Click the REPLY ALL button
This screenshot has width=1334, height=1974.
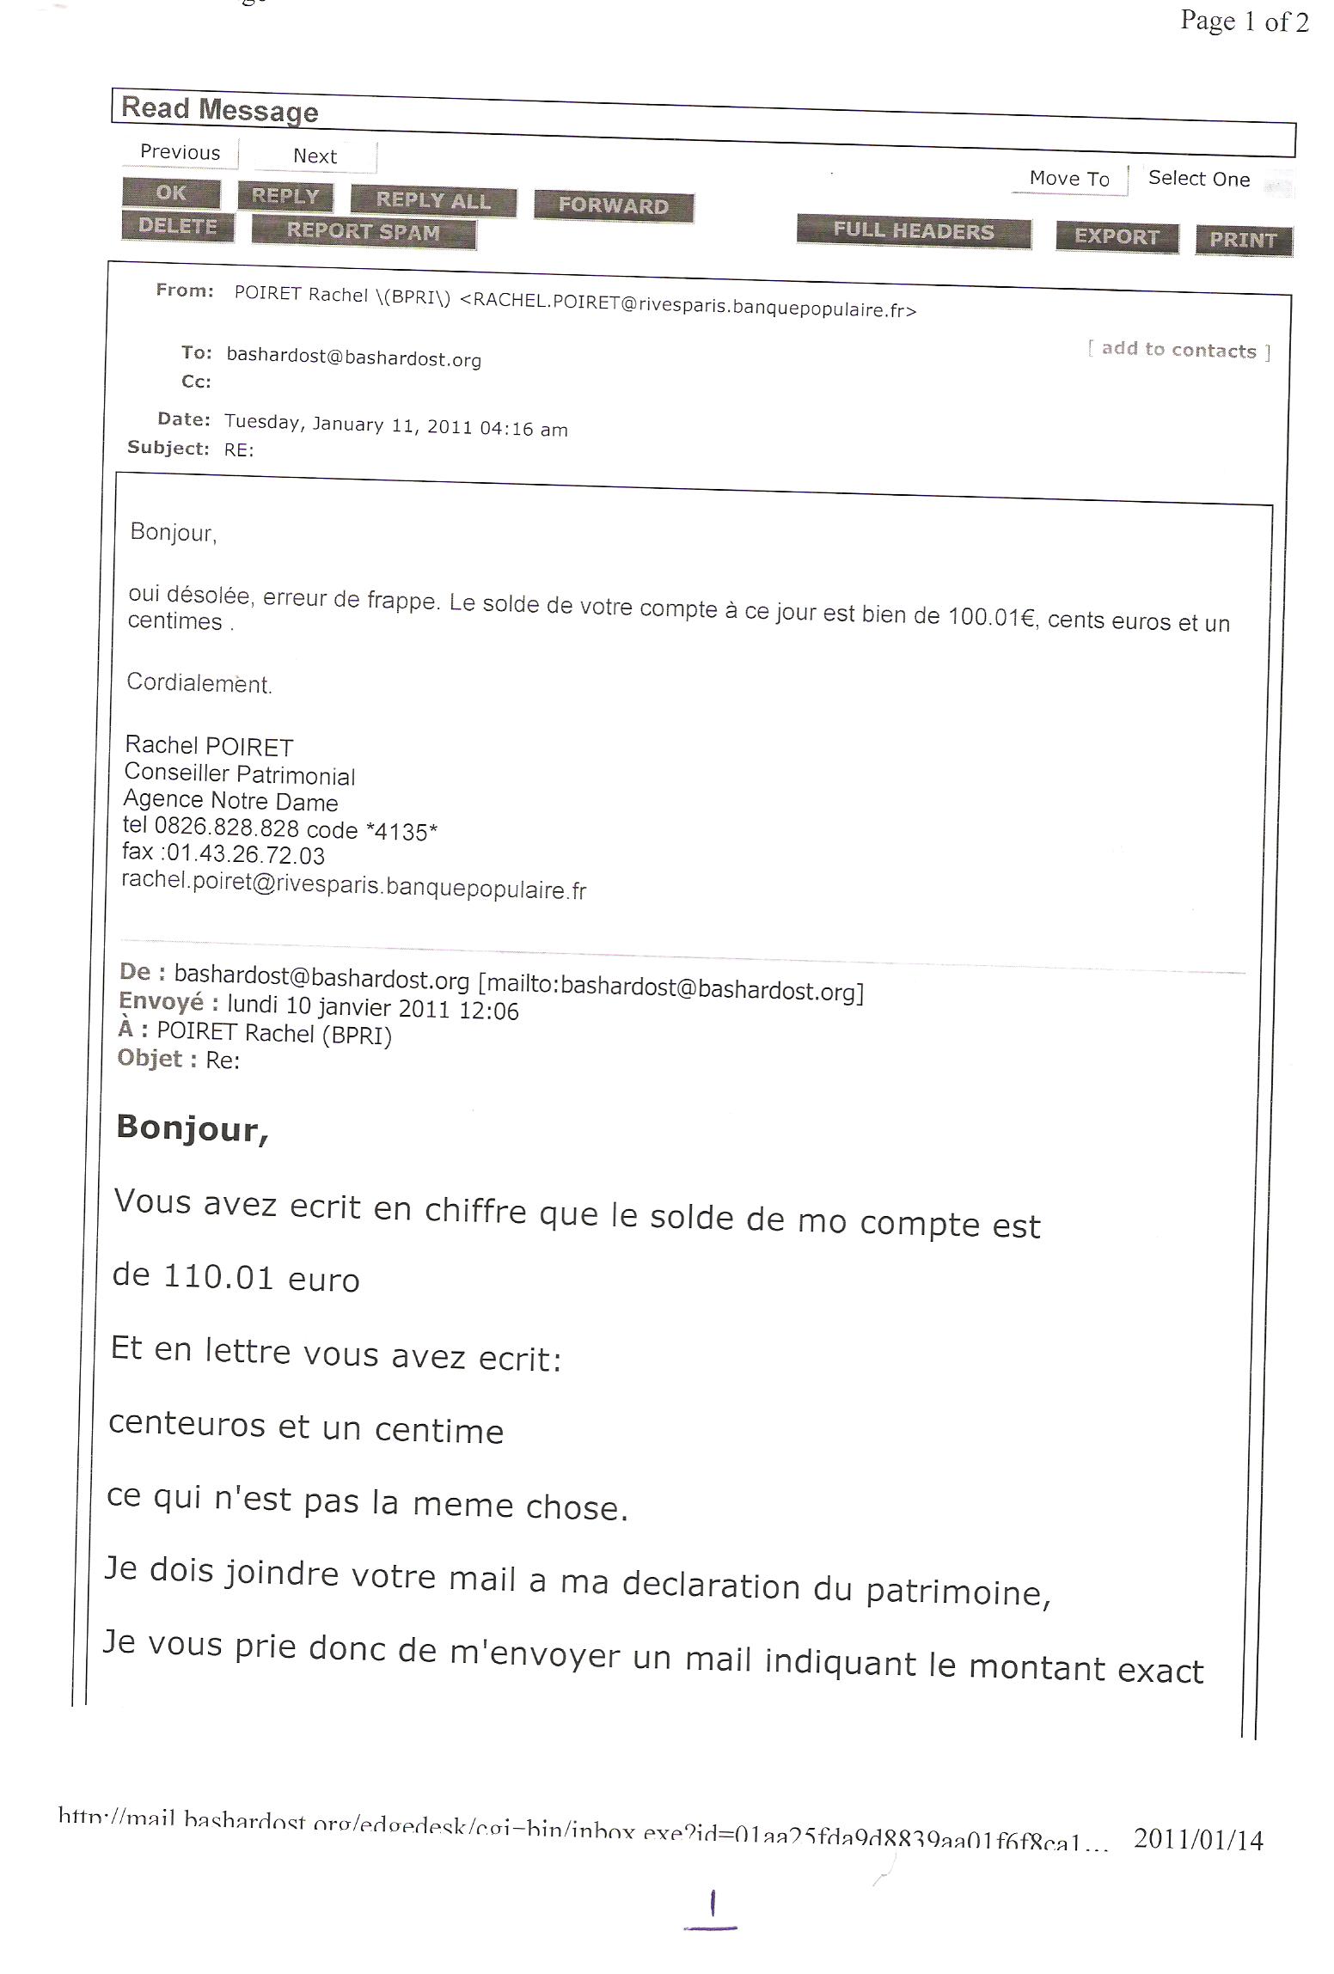(x=433, y=200)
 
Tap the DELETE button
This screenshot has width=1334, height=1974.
(x=178, y=226)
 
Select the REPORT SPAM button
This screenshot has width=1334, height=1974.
(x=363, y=231)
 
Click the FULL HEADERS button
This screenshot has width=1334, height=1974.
(x=913, y=231)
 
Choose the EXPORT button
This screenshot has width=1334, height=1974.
(x=1116, y=236)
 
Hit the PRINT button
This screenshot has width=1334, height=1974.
(x=1243, y=240)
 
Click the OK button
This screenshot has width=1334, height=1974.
(x=171, y=193)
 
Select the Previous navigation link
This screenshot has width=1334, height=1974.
(x=181, y=152)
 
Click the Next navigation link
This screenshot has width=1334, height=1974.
(x=315, y=156)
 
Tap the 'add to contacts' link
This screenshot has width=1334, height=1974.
(x=1178, y=350)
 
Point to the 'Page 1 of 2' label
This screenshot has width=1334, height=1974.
(x=1244, y=21)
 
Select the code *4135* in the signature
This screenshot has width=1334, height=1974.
(x=401, y=831)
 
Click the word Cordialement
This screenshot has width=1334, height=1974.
(x=199, y=683)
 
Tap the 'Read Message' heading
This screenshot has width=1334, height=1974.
(x=220, y=109)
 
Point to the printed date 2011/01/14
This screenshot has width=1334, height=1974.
(x=1198, y=1839)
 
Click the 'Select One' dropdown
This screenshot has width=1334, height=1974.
(x=1199, y=179)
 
